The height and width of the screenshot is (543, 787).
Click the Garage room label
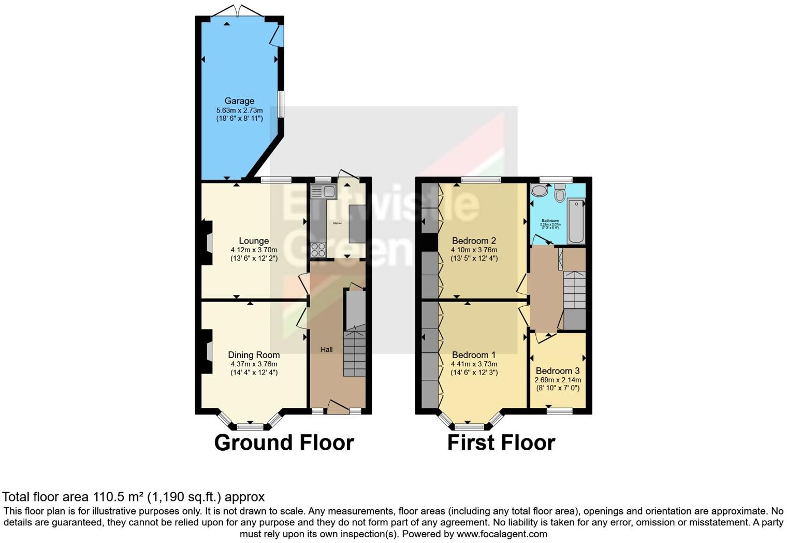tap(239, 101)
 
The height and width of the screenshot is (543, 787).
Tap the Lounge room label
tap(254, 241)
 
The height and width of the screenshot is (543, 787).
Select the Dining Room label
tap(254, 355)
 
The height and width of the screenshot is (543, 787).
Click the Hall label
tap(326, 350)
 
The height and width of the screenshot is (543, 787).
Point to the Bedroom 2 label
tap(474, 241)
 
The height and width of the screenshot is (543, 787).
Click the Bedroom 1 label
tap(474, 355)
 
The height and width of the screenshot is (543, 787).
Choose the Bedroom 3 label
tap(557, 371)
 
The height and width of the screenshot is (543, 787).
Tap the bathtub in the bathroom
tap(576, 221)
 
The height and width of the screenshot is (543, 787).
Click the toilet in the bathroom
tap(560, 193)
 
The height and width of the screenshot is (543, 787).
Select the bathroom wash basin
tap(540, 191)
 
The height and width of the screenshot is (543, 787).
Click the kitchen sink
tap(323, 192)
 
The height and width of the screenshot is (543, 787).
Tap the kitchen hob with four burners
tap(318, 250)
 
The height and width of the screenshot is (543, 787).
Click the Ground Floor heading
tap(284, 443)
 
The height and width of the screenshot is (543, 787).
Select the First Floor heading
tap(501, 443)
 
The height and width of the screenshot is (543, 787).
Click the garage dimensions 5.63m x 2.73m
tap(239, 110)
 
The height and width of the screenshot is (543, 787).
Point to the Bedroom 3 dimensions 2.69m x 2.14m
tap(557, 380)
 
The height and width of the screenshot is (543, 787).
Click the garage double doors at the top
tap(239, 11)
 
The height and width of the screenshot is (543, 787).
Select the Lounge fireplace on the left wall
tap(208, 242)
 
